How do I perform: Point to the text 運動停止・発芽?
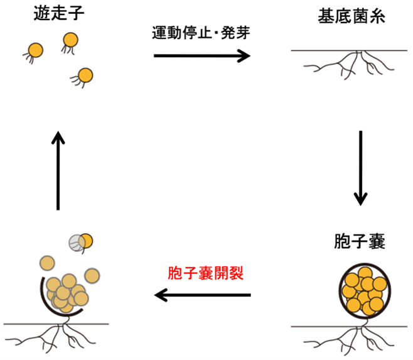[201, 33]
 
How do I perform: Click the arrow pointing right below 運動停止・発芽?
[201, 56]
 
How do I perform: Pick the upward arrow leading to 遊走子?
[58, 170]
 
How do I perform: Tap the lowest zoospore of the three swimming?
[85, 75]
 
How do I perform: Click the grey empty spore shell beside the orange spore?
[77, 243]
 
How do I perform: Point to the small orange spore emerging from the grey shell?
[87, 240]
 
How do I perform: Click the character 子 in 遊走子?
[75, 14]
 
